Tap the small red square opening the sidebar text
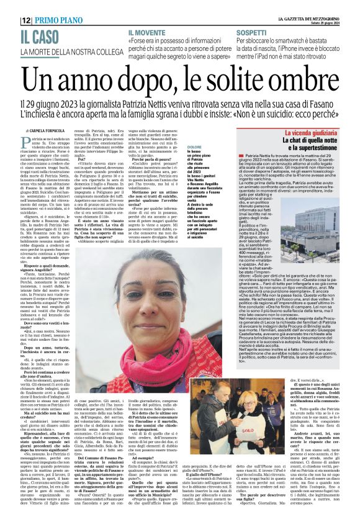[241, 160]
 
